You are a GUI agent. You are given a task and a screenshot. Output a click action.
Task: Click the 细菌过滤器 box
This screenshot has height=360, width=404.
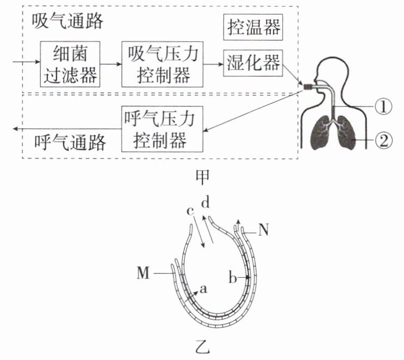(71, 64)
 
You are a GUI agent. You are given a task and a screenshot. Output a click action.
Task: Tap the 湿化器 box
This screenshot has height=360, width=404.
(252, 64)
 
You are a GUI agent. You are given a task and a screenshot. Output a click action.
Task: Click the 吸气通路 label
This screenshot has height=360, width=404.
(67, 22)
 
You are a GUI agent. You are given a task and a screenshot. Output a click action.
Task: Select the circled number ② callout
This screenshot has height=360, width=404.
(383, 141)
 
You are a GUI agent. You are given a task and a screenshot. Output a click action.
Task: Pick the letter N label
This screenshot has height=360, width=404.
(264, 230)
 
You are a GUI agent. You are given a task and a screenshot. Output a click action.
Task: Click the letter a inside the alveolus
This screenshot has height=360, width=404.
(203, 290)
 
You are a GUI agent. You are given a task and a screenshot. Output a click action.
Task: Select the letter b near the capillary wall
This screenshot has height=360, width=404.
(232, 279)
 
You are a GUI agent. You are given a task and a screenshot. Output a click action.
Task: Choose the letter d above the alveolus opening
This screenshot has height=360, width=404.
(205, 204)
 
